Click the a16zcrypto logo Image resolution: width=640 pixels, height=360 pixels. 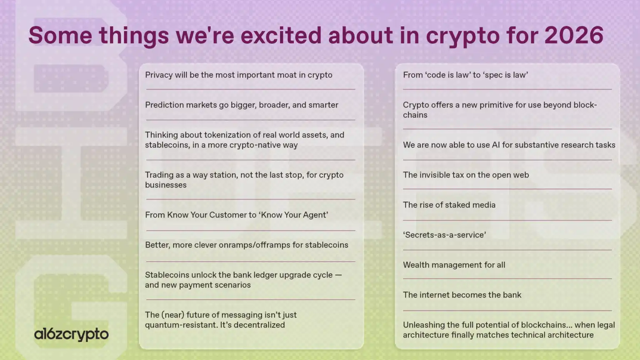pos(71,334)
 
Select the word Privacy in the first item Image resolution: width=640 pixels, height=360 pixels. pos(159,75)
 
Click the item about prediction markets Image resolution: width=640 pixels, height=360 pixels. pos(242,105)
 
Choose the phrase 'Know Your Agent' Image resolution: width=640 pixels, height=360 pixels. pos(293,215)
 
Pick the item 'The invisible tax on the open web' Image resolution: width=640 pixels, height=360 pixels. pos(466,175)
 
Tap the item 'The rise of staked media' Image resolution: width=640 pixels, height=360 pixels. pos(449,205)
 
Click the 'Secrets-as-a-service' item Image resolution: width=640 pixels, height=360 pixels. pos(444,235)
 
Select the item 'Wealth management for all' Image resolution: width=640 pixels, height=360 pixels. pos(454,265)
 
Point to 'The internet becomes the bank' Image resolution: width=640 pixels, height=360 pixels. pos(462,295)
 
